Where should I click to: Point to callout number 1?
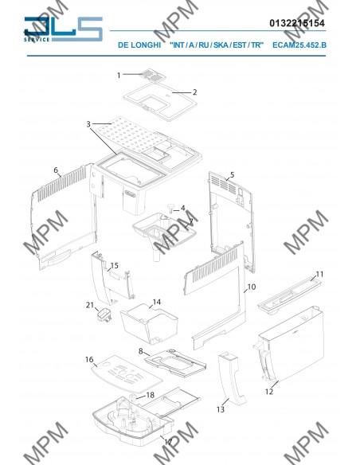119,75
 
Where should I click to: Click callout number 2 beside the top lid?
195,92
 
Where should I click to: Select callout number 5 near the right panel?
232,174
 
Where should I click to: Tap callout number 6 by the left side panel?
56,170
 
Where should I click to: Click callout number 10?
251,286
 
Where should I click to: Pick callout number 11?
319,274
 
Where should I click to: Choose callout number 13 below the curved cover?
221,409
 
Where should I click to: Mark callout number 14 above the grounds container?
157,303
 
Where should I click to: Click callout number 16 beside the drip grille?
89,360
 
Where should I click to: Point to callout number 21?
89,305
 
